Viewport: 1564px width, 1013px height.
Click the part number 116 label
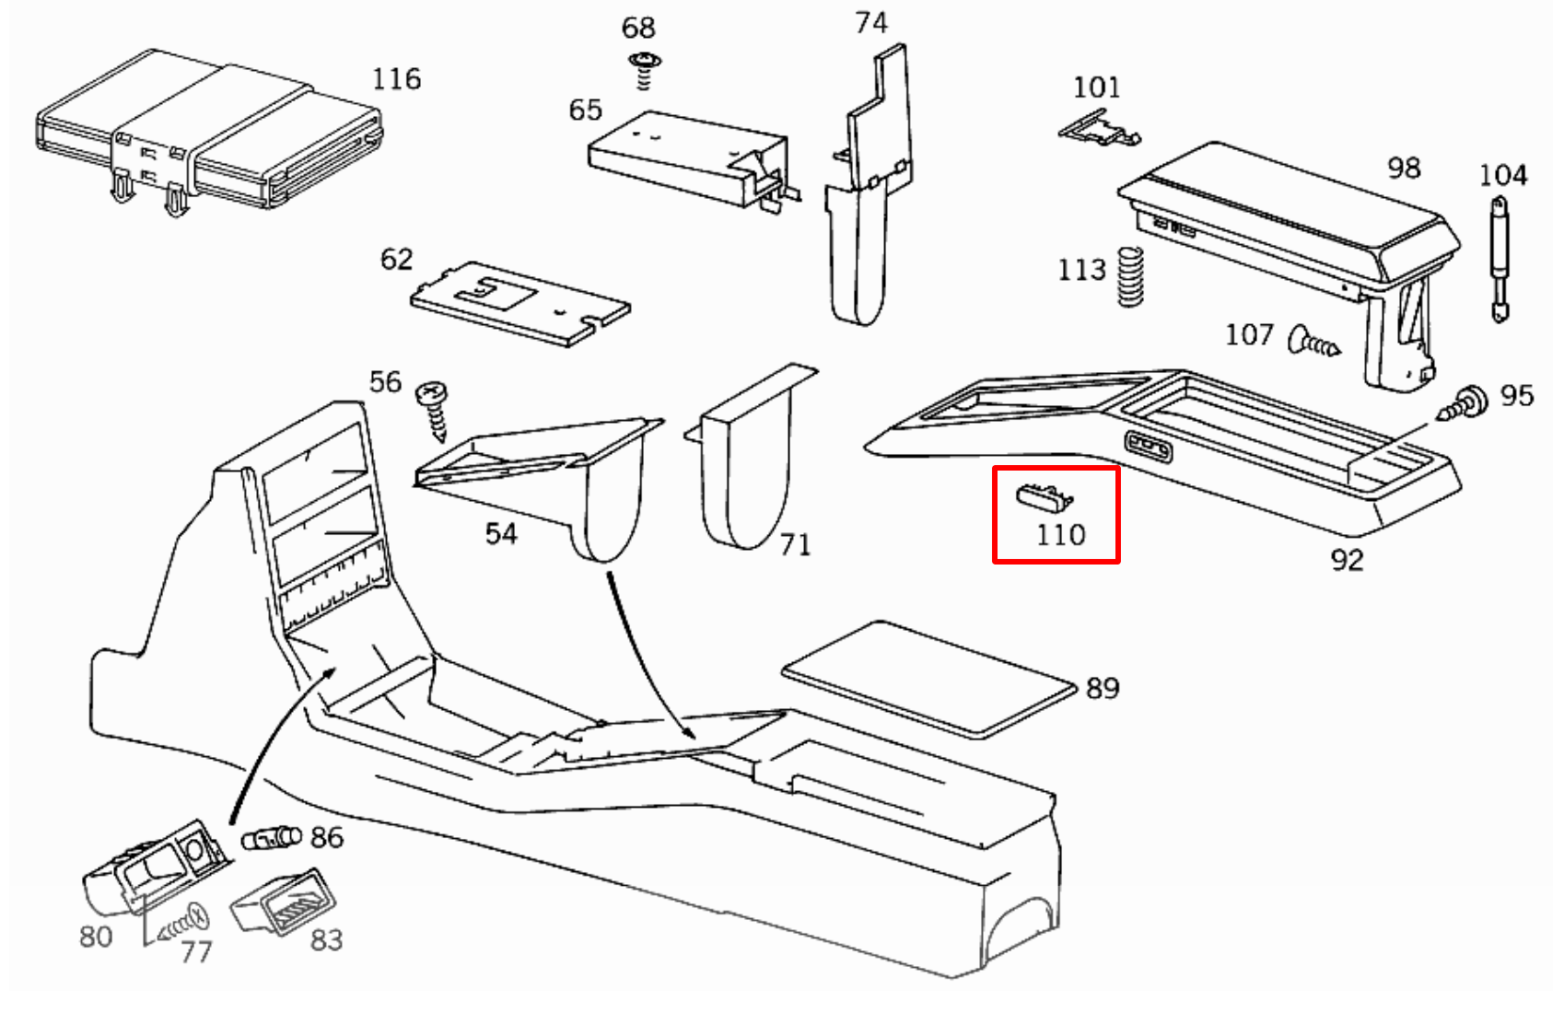click(x=396, y=79)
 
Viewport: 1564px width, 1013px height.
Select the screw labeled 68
click(x=645, y=70)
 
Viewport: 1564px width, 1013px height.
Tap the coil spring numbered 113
click(x=1130, y=276)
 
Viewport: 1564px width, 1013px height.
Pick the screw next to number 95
click(x=1465, y=404)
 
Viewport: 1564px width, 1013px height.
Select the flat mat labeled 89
click(x=928, y=678)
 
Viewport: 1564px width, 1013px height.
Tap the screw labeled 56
click(x=433, y=411)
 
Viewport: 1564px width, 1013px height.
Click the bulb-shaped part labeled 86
click(x=271, y=838)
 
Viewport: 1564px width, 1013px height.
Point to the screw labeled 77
click(x=185, y=924)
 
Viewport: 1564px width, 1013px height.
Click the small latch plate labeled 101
click(x=1098, y=129)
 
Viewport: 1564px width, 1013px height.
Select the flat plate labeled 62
click(x=519, y=304)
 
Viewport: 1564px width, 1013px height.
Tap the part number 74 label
click(x=870, y=23)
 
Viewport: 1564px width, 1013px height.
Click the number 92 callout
click(x=1347, y=560)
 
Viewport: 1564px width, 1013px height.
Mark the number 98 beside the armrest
click(x=1404, y=169)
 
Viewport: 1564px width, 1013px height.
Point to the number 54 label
click(x=501, y=534)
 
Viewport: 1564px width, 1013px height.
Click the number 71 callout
click(x=795, y=546)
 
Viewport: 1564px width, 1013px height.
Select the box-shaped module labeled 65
click(x=686, y=157)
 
